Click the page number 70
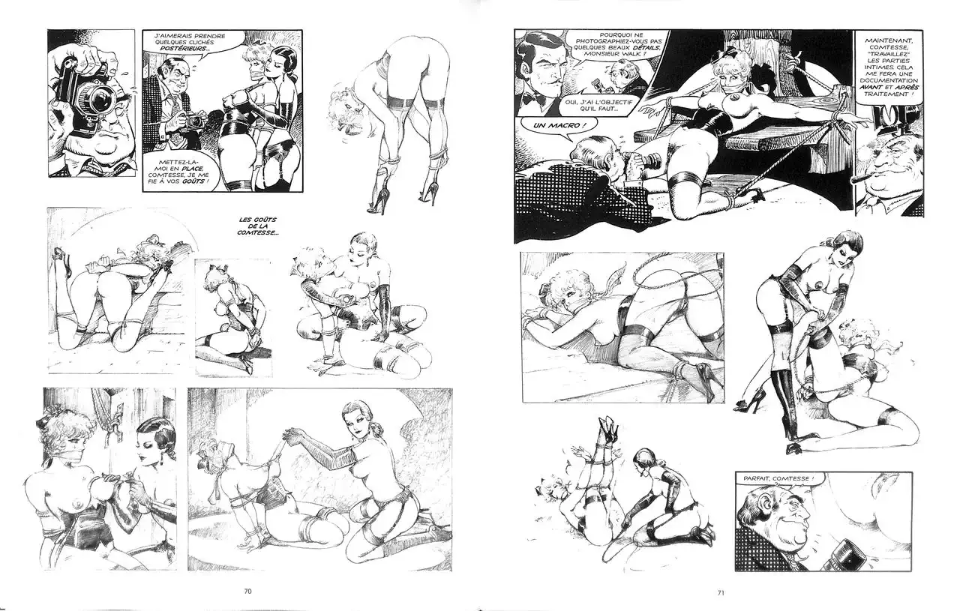pyautogui.click(x=247, y=592)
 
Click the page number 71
pyautogui.click(x=721, y=593)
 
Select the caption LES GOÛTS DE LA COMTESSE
pyautogui.click(x=257, y=226)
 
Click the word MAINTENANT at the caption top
pyautogui.click(x=888, y=40)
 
